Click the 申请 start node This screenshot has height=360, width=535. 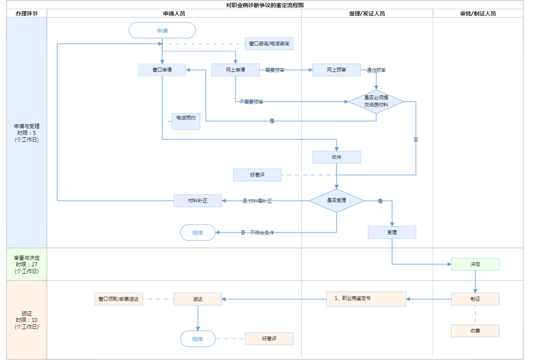(162, 31)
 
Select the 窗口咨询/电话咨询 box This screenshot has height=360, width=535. (269, 44)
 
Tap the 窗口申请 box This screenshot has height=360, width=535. (162, 70)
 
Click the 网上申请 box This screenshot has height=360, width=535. (235, 70)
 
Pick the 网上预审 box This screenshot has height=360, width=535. (336, 70)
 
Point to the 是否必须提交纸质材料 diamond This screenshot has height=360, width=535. (376, 101)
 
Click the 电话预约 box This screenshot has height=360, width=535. (186, 121)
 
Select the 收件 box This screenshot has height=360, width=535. (336, 157)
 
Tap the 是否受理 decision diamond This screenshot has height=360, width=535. (336, 201)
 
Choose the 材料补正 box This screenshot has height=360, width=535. (198, 201)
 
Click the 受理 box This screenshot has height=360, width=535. (392, 232)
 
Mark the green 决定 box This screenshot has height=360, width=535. (475, 264)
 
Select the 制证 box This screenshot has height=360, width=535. (475, 299)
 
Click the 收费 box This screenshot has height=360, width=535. (475, 331)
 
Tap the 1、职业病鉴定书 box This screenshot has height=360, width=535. (366, 299)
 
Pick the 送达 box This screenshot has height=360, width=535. (198, 299)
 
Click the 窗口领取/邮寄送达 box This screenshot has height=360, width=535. (118, 299)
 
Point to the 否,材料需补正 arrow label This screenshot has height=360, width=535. (257, 201)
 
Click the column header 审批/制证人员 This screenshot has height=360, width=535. (478, 13)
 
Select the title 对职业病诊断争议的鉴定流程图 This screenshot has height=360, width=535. (265, 5)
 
